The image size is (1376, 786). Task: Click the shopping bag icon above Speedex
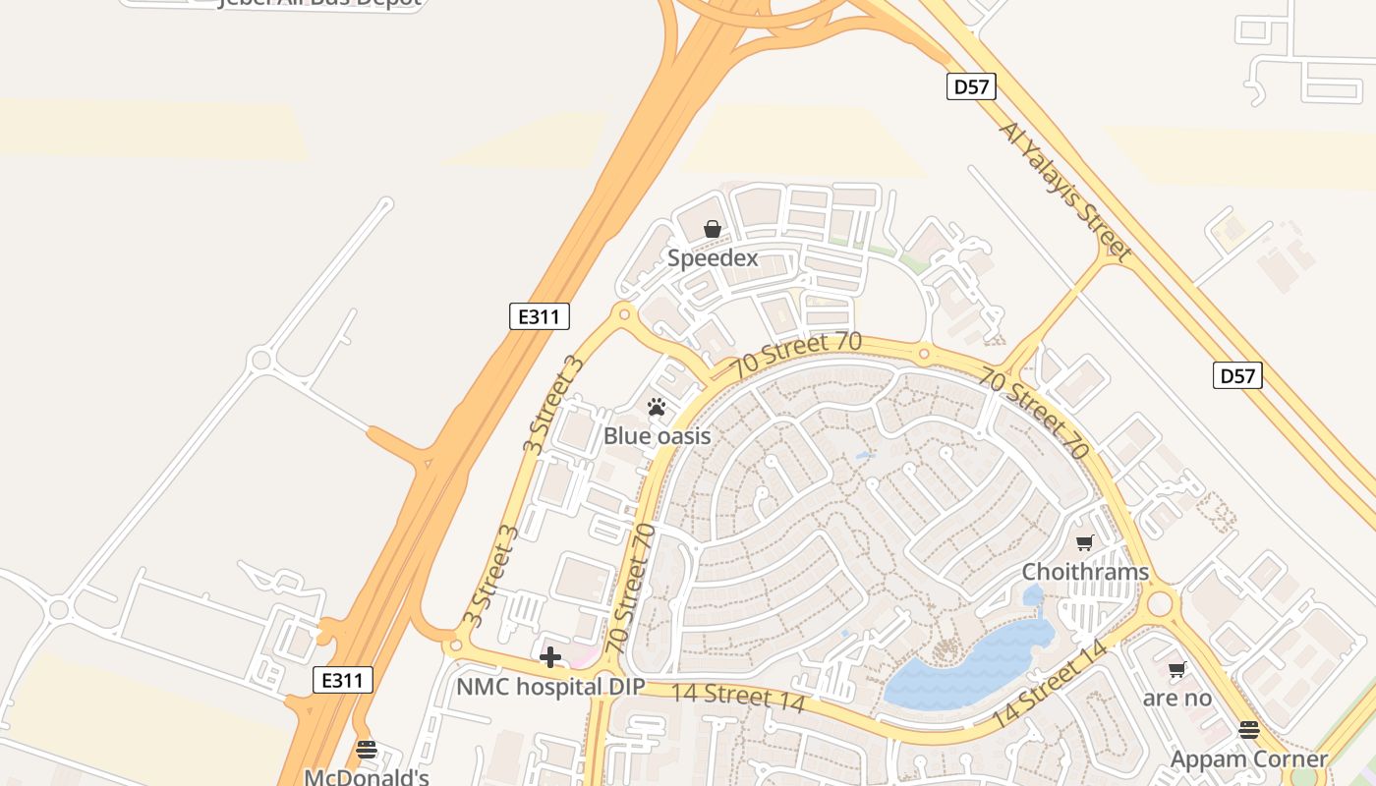pyautogui.click(x=713, y=229)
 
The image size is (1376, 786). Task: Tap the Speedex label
pyautogui.click(x=713, y=258)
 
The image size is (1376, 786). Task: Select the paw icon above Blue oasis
pyautogui.click(x=657, y=406)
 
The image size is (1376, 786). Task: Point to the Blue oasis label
pyautogui.click(x=657, y=435)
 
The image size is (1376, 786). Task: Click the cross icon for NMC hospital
pyautogui.click(x=550, y=656)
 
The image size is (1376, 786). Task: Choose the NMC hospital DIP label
pyautogui.click(x=550, y=686)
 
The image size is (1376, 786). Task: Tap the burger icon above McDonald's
pyautogui.click(x=367, y=750)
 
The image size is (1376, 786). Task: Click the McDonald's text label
pyautogui.click(x=367, y=777)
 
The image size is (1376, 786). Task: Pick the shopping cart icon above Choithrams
pyautogui.click(x=1085, y=542)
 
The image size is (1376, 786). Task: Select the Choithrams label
pyautogui.click(x=1085, y=572)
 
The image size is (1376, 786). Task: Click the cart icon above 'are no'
pyautogui.click(x=1176, y=670)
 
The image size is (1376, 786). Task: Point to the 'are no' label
pyautogui.click(x=1176, y=699)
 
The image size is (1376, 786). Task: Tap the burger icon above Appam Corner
pyautogui.click(x=1249, y=730)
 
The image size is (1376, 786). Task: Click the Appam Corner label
pyautogui.click(x=1249, y=759)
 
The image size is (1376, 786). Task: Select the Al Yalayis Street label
pyautogui.click(x=1065, y=191)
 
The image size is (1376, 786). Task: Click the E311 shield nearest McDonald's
pyautogui.click(x=343, y=680)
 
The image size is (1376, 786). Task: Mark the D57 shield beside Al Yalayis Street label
pyautogui.click(x=971, y=86)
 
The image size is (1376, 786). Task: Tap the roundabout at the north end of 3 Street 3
pyautogui.click(x=622, y=314)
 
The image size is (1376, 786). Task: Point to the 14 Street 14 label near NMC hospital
pyautogui.click(x=738, y=697)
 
